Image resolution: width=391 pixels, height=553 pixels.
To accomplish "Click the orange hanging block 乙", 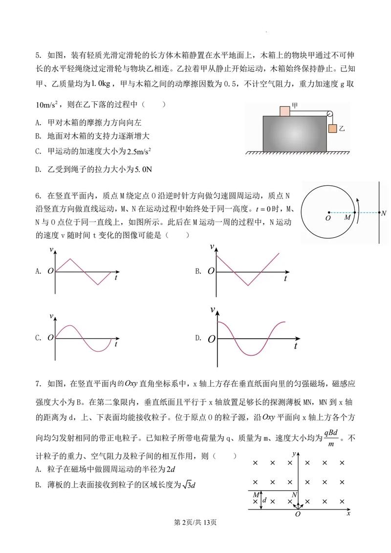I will point(333,129).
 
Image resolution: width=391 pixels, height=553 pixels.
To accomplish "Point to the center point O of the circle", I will point(329,212).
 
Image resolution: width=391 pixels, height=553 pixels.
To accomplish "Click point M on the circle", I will point(354,212).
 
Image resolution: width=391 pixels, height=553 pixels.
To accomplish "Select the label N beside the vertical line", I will point(384,214).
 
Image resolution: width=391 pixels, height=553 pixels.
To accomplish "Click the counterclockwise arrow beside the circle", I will point(361,205).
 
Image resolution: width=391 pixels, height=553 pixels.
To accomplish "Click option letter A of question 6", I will point(38,271).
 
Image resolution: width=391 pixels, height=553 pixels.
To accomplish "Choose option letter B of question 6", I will point(198,271).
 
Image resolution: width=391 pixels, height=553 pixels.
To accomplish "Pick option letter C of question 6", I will point(38,338).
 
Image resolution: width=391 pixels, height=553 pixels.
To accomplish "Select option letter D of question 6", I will point(198,338).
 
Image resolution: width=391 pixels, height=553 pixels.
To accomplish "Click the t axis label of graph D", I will point(296,346).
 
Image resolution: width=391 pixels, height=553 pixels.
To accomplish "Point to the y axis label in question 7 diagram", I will point(293,454).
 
